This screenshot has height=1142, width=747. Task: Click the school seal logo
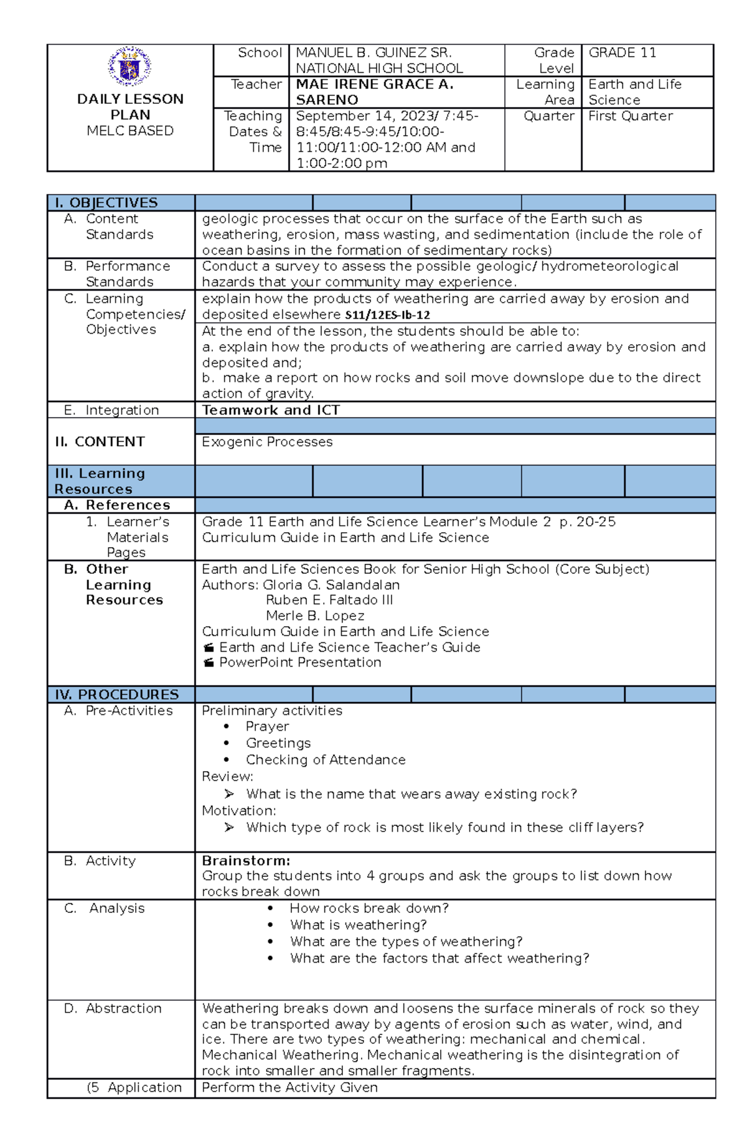[x=129, y=66]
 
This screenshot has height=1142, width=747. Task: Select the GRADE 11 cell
[x=622, y=53]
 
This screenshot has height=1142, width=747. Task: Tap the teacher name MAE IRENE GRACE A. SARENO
[x=374, y=92]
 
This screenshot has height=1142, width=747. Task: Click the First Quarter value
[x=631, y=116]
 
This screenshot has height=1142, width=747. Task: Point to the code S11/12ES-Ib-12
[x=387, y=315]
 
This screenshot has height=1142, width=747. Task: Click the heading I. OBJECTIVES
[x=106, y=203]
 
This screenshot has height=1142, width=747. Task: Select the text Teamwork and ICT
[x=271, y=410]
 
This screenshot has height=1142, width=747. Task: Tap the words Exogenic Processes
[x=267, y=442]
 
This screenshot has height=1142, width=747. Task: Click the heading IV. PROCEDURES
[x=117, y=695]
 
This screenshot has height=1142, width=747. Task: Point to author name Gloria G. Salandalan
[x=331, y=585]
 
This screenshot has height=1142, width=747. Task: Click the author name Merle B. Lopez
[x=315, y=616]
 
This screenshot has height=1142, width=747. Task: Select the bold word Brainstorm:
[x=246, y=861]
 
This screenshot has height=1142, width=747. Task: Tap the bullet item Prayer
[x=267, y=726]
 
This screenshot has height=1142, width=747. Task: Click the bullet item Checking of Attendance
[x=326, y=760]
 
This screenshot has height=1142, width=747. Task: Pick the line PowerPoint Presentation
[x=300, y=663]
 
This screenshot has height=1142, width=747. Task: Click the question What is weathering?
[x=359, y=925]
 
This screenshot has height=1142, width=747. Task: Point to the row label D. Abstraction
[x=113, y=1008]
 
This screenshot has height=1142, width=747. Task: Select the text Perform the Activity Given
[x=289, y=1087]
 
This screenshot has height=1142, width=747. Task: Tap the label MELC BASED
[x=130, y=131]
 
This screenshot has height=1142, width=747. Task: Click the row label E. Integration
[x=112, y=410]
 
